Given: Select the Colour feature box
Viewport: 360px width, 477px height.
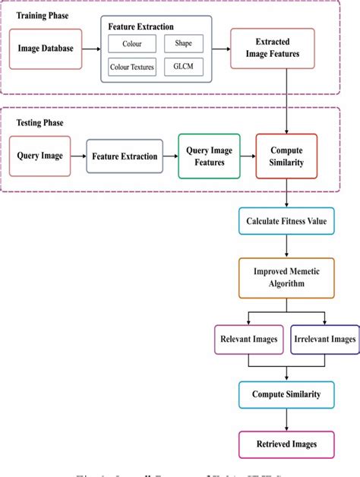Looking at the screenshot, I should pos(131,44).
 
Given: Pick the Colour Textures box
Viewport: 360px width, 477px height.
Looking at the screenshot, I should pos(131,67).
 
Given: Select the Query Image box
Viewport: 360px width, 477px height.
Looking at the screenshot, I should pos(39,156).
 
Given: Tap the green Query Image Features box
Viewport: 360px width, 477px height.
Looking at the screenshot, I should pos(209,156).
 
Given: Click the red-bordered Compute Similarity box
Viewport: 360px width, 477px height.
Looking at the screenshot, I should pos(286,156).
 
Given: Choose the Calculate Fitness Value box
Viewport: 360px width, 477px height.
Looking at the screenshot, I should pos(286,222).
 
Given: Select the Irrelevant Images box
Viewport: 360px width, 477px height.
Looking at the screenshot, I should pos(324,339).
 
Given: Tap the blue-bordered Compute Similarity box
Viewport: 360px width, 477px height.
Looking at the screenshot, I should pos(286,394).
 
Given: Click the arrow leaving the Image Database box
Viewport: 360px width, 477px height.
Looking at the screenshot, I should pos(90,51).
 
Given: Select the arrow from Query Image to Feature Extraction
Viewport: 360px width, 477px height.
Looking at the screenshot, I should pos(78,156).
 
